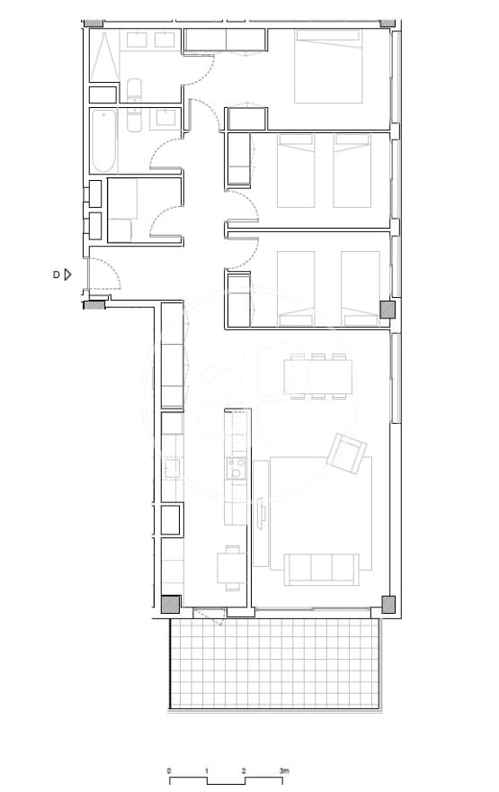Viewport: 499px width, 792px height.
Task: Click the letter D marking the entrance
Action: coord(56,274)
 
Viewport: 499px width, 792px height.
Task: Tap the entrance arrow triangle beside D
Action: coord(67,274)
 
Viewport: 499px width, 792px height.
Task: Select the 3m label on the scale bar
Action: coord(284,772)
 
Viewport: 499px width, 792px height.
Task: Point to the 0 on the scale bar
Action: coord(169,772)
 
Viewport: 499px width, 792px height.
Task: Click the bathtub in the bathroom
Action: coord(103,141)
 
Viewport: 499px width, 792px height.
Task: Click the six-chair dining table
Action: coord(317,376)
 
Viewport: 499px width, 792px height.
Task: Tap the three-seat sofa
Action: coord(321,568)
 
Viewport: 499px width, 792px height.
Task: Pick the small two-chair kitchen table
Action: coord(231,566)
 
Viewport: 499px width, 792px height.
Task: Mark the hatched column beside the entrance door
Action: coord(94,305)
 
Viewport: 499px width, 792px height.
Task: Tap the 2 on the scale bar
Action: coord(245,772)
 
